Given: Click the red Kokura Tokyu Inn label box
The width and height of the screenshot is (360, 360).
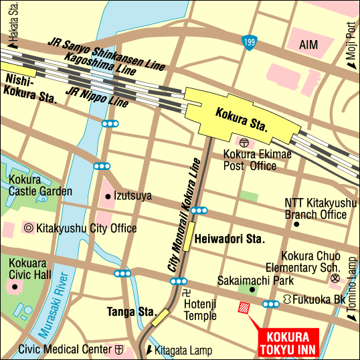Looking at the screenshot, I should (290, 343).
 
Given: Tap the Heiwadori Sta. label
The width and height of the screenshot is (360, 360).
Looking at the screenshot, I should (231, 238).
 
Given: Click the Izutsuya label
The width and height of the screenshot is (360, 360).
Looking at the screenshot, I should (133, 196).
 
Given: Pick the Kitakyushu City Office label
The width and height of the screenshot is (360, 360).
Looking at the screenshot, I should (87, 228).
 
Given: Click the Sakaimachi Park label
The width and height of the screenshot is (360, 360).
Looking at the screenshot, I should (247, 281).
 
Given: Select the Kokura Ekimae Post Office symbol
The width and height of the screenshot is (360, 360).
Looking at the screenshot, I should (243, 143).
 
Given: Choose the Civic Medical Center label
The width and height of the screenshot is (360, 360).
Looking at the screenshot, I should (65, 349).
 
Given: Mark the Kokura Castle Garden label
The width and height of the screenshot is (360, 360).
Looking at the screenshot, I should (39, 185).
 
